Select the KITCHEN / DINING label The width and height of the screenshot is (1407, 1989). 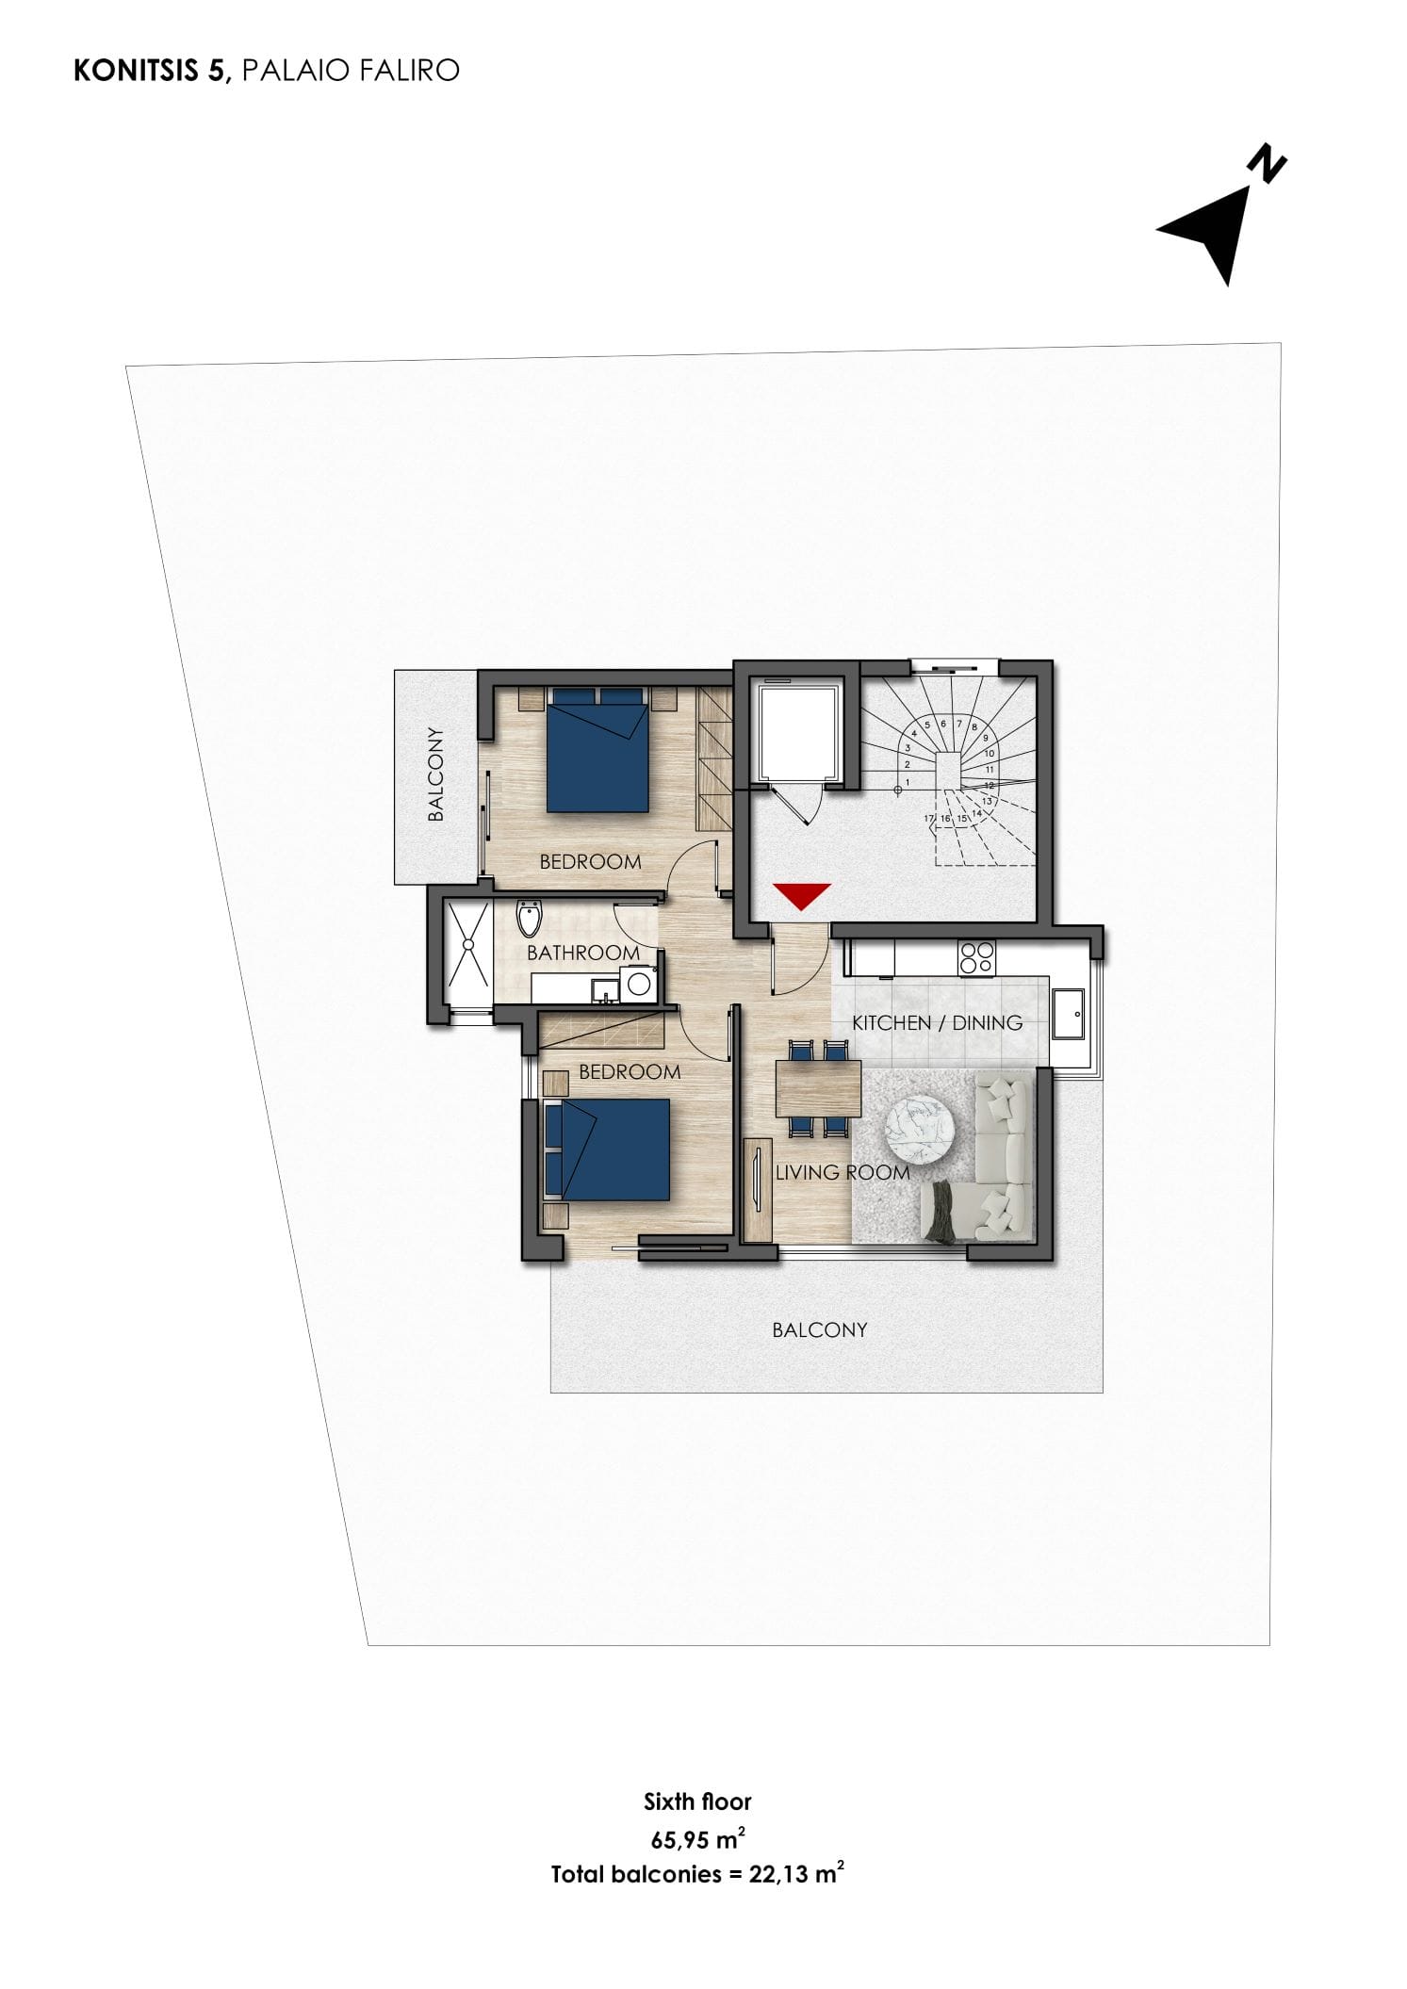937,1022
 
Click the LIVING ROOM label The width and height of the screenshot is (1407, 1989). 842,1172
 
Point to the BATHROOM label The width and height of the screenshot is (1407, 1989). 582,953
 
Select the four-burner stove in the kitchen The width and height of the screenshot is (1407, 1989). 975,957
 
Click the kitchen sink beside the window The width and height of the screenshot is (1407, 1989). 1068,1014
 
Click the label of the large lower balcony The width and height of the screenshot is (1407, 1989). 819,1329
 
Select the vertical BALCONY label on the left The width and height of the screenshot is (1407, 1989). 435,774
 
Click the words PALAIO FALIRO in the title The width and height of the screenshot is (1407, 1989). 351,71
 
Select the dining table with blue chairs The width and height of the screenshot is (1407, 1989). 818,1088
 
